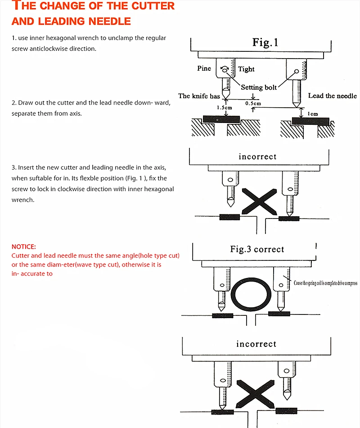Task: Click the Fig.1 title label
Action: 265,43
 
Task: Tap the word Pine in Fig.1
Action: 204,68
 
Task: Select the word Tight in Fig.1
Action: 246,69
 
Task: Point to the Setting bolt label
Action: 259,87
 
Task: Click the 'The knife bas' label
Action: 199,96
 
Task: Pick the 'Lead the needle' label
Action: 332,96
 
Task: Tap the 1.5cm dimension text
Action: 224,108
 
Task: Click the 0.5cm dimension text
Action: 253,103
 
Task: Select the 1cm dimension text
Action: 312,114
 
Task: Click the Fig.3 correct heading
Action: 257,249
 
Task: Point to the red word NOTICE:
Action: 23,246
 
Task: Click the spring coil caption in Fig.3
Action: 325,283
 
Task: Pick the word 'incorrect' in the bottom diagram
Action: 256,344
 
